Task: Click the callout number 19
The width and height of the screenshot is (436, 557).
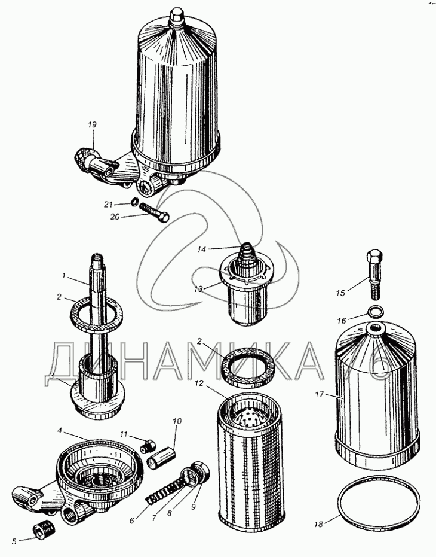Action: tap(92, 124)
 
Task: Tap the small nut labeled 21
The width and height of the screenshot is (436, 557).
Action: tap(134, 202)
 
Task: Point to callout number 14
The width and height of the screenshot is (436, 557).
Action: tap(201, 249)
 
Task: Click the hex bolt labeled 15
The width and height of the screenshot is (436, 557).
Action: tap(374, 273)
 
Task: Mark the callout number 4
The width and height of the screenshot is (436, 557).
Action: tap(60, 431)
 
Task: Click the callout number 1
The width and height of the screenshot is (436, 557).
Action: tap(64, 275)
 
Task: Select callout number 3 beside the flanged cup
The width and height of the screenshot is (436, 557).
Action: tap(52, 376)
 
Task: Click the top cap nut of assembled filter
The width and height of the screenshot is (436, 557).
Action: tap(176, 16)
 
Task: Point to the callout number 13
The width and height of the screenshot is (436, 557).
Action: tap(198, 289)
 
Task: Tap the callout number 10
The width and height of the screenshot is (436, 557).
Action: tap(177, 421)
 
